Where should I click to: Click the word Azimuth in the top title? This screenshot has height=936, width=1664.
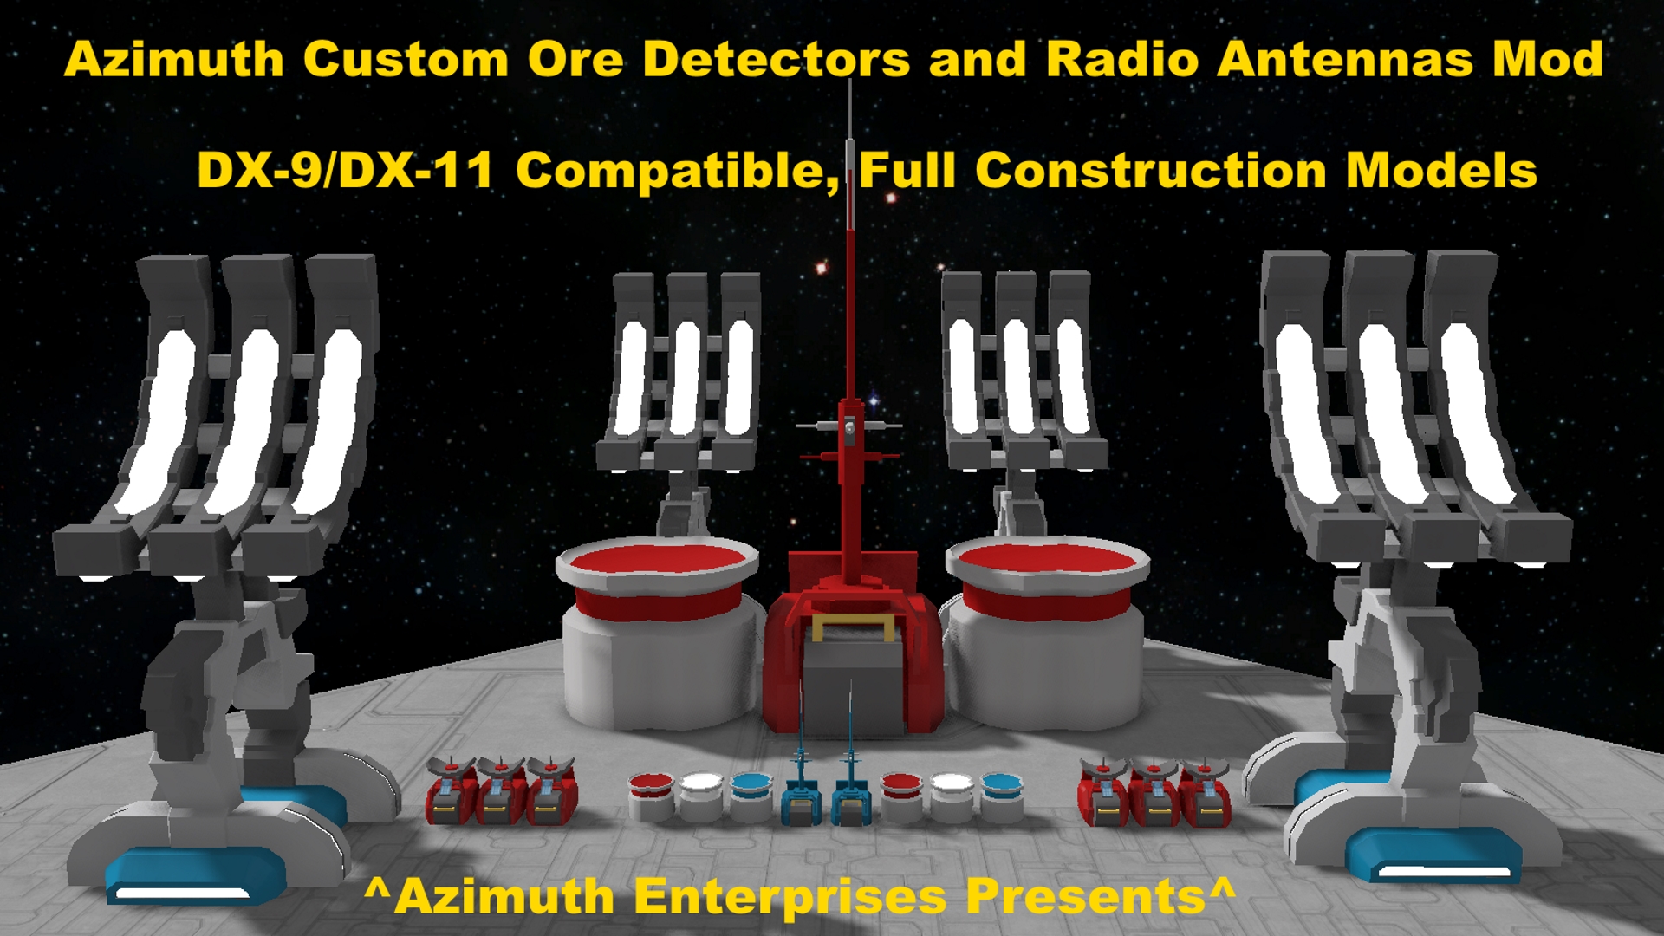[174, 60]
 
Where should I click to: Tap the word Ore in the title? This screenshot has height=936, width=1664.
[575, 60]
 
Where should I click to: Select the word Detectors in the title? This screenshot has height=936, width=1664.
[777, 60]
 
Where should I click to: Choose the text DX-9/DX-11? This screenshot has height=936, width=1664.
[345, 170]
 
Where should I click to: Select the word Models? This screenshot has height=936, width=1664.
[1441, 170]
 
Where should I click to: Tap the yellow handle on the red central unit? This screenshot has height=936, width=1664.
[853, 627]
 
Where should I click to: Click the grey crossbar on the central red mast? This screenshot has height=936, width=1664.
[849, 426]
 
